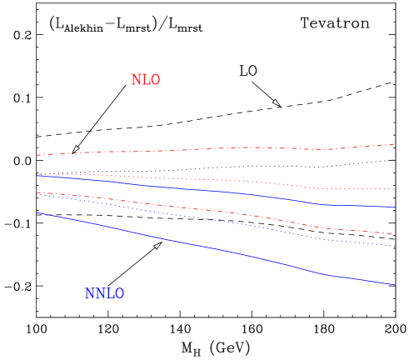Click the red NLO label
click(x=145, y=80)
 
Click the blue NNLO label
click(x=105, y=294)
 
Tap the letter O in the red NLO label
click(x=154, y=80)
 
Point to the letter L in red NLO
click(x=145, y=80)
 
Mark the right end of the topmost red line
click(x=395, y=143)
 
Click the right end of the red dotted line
click(x=395, y=189)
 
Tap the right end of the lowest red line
click(x=395, y=234)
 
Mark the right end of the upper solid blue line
click(x=395, y=207)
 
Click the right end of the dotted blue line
click(x=395, y=246)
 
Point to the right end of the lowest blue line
click(x=395, y=285)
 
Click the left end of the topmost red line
click(x=37, y=155)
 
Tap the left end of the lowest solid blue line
click(x=37, y=213)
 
